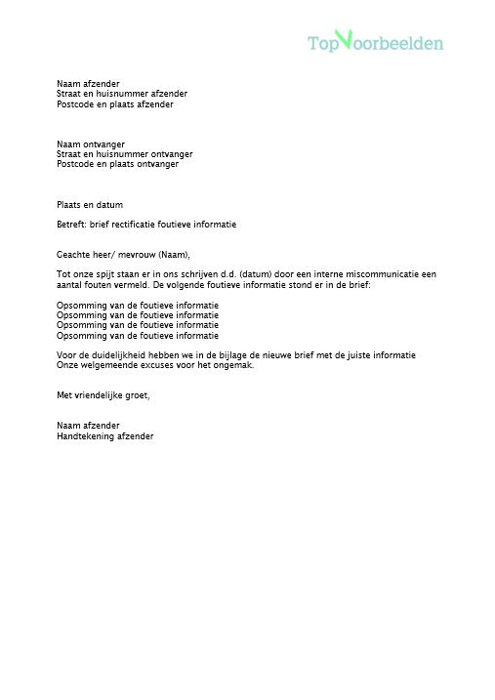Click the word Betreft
(71, 225)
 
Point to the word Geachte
(72, 253)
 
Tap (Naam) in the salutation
(173, 253)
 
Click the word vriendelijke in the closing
(105, 395)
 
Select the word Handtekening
(87, 436)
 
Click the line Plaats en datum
(90, 204)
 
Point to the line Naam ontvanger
(91, 144)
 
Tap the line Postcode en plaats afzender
(114, 103)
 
